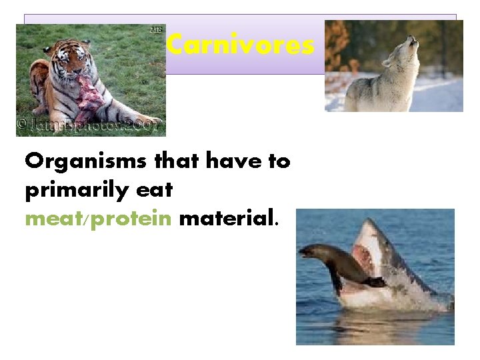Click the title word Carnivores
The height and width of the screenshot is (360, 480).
(240, 45)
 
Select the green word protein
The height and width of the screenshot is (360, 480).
(131, 218)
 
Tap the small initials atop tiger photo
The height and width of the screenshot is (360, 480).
(157, 29)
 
